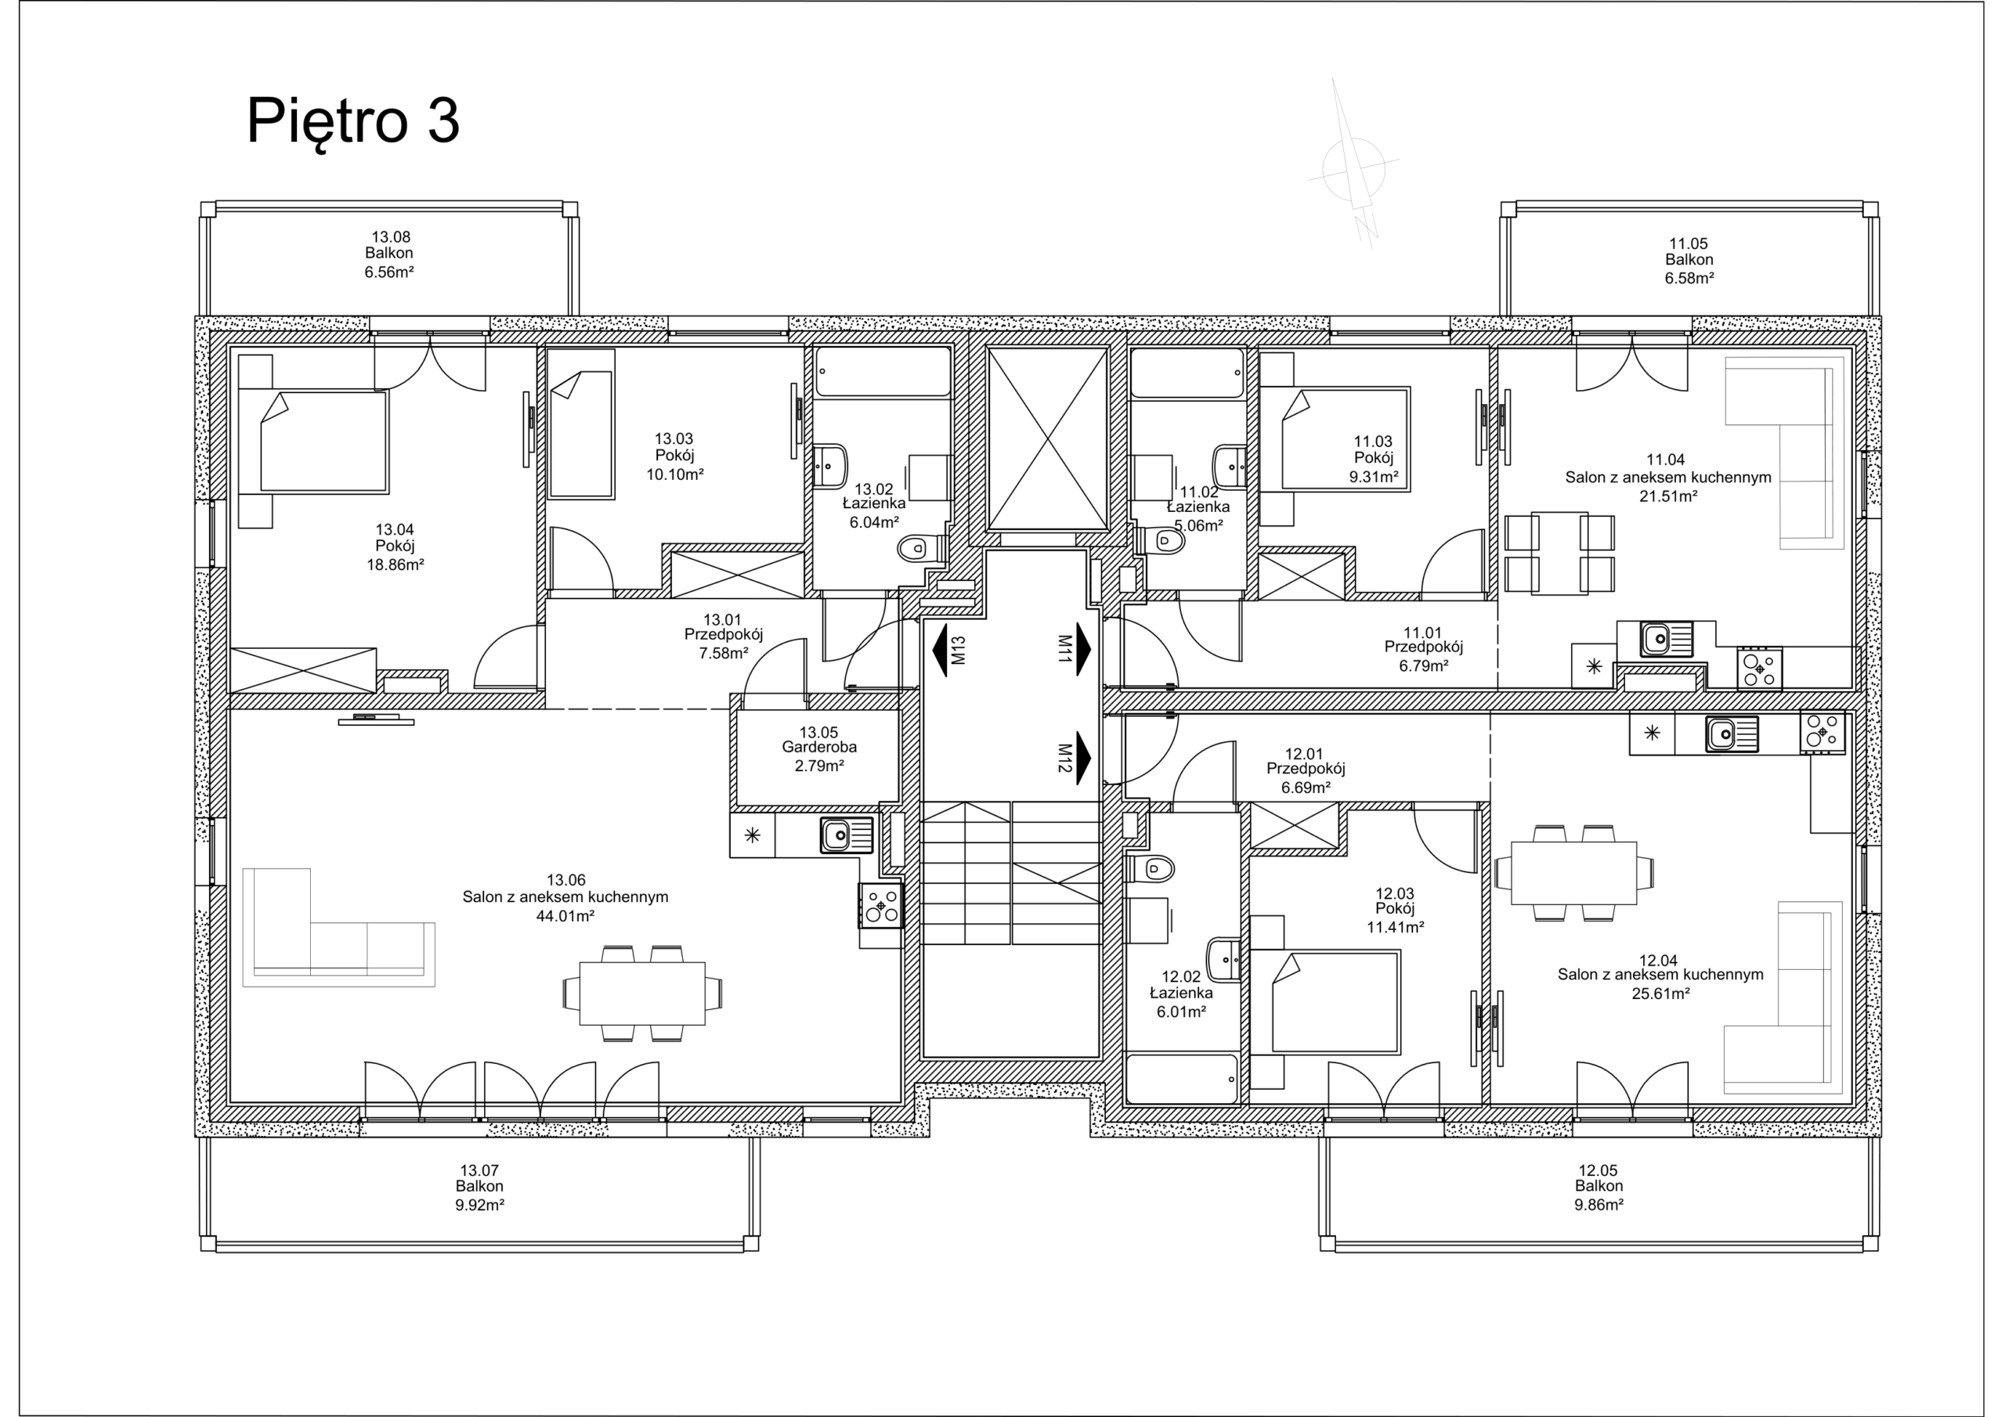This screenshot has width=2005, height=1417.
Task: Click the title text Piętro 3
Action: click(352, 121)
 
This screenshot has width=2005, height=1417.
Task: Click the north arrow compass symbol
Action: click(1353, 168)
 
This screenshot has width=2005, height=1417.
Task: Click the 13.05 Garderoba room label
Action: click(818, 748)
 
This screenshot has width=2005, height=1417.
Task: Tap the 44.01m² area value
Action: click(565, 916)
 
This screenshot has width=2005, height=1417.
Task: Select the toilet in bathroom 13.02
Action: click(916, 548)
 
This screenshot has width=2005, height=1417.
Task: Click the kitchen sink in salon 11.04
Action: click(1656, 639)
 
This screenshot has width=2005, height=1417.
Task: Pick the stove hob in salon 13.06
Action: click(880, 904)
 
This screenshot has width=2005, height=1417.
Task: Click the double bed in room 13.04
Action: click(323, 441)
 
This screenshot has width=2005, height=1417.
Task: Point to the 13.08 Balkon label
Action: click(389, 253)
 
